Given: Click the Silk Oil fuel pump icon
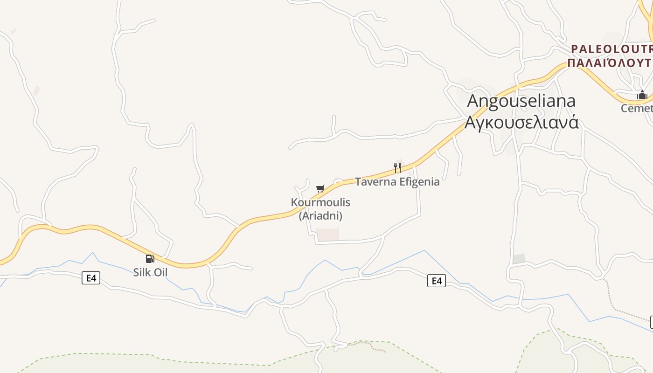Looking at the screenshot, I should click(x=150, y=259).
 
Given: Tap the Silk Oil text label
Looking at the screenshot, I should click(x=150, y=272).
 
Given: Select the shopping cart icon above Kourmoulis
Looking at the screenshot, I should click(x=320, y=188).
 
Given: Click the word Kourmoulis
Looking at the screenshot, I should click(x=320, y=202).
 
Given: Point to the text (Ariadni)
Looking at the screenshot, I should click(x=320, y=216).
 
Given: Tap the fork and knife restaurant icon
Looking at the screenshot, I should click(x=397, y=168).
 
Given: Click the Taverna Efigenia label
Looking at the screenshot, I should click(x=397, y=182).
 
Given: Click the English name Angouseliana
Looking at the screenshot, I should click(x=521, y=101).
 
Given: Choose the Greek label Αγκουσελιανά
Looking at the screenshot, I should click(x=521, y=122).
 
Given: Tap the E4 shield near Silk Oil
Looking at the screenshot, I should click(x=91, y=278).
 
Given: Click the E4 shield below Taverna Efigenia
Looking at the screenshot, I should click(x=436, y=281).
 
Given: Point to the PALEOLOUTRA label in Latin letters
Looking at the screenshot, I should click(x=611, y=49).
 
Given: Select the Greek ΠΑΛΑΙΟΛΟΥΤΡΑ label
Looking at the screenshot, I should click(x=610, y=62).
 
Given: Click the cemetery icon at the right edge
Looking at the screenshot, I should click(x=642, y=95).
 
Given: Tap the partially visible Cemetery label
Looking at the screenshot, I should click(x=637, y=108).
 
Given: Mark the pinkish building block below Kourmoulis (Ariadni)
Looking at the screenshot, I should click(x=327, y=235).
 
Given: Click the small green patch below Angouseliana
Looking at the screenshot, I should click(x=519, y=259).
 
